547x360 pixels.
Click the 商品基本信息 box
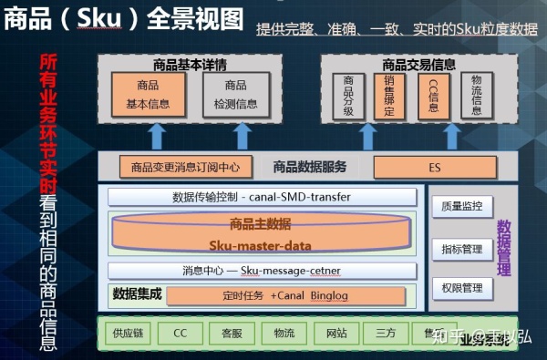(x=148, y=95)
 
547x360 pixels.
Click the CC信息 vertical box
(x=433, y=96)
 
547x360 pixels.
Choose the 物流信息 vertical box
(x=477, y=96)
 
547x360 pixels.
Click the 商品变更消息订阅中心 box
(x=185, y=168)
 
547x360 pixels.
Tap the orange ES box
(x=434, y=168)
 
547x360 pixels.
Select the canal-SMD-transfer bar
(x=261, y=197)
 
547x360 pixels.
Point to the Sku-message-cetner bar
(x=261, y=271)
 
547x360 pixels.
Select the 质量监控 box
(x=462, y=207)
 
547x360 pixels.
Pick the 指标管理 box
(x=462, y=248)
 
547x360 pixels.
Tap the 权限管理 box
(x=462, y=289)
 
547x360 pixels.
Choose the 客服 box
(x=232, y=333)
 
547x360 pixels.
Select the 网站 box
(x=336, y=333)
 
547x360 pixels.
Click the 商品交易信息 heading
(x=419, y=65)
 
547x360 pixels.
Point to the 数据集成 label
(x=137, y=294)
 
